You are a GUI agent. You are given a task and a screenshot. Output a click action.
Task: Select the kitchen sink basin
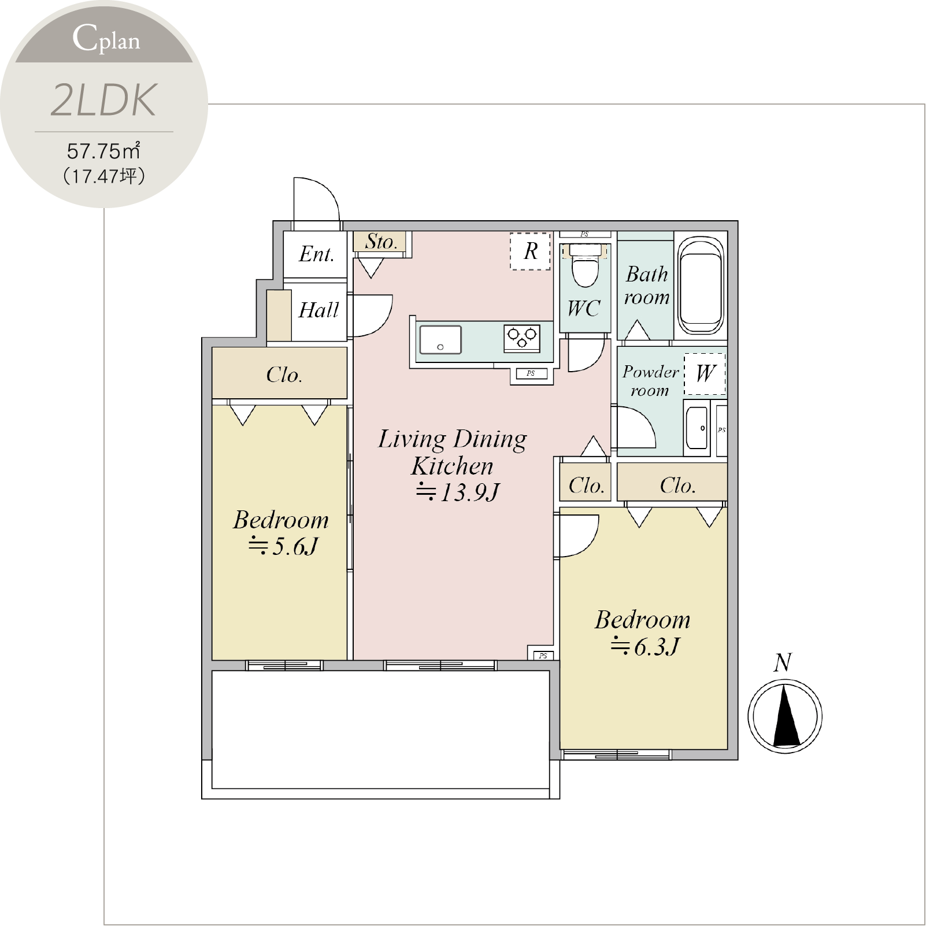(x=440, y=339)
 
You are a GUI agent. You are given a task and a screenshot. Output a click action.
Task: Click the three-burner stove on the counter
(x=522, y=338)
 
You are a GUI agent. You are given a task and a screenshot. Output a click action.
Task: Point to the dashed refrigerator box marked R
(x=530, y=251)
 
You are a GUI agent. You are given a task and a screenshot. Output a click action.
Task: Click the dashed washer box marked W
(x=705, y=374)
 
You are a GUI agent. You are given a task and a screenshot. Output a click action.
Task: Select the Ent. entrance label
(x=316, y=254)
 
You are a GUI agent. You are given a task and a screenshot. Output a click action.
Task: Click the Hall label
(x=318, y=310)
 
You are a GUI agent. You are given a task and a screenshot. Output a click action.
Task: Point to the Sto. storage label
(x=381, y=242)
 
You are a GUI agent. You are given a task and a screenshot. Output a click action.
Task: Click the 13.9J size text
(x=457, y=492)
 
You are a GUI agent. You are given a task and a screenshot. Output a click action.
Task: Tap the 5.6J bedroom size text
(x=283, y=546)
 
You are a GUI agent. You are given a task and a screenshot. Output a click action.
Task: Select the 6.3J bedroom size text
(x=645, y=647)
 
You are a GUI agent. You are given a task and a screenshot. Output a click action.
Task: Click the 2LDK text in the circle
(x=104, y=100)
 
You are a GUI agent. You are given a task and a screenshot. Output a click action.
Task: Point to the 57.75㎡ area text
(x=104, y=151)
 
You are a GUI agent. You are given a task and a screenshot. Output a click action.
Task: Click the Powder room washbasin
(x=697, y=428)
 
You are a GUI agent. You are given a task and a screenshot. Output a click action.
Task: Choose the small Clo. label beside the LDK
(x=586, y=486)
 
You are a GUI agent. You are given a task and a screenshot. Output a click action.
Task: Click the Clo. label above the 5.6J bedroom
(x=284, y=375)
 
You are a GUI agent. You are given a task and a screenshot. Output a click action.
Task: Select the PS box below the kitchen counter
(x=531, y=373)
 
